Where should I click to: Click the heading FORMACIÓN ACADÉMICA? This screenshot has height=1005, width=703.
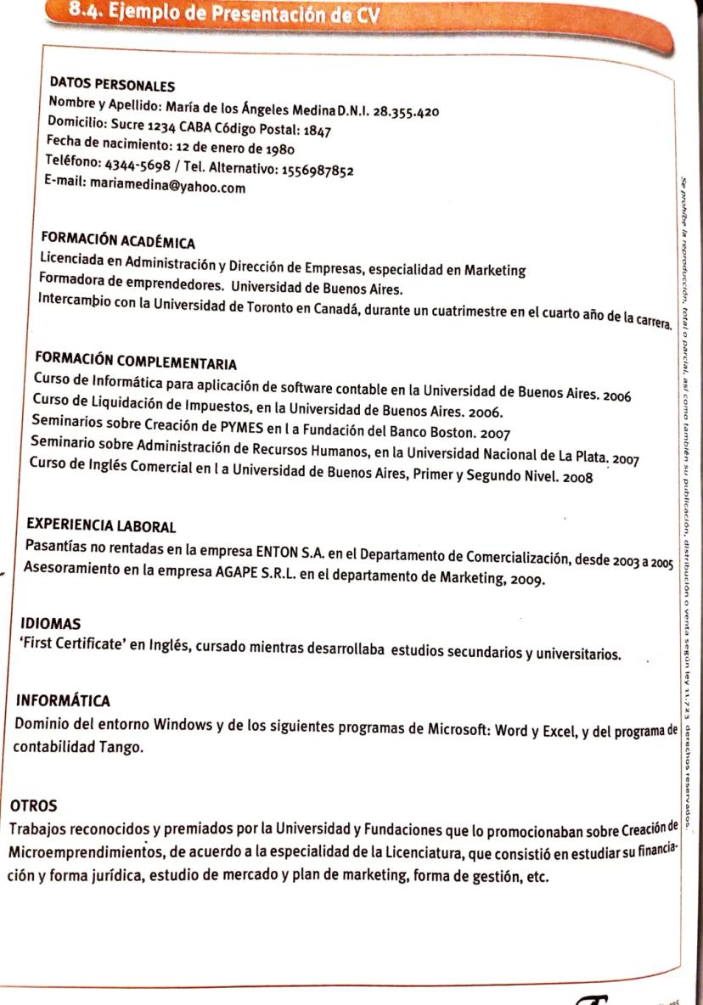118,241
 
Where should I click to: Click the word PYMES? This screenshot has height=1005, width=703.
220,422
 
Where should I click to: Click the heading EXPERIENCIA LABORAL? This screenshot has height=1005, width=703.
101,527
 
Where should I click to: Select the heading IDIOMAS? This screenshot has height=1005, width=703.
49,624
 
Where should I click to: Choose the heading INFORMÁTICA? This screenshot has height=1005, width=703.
57,702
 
